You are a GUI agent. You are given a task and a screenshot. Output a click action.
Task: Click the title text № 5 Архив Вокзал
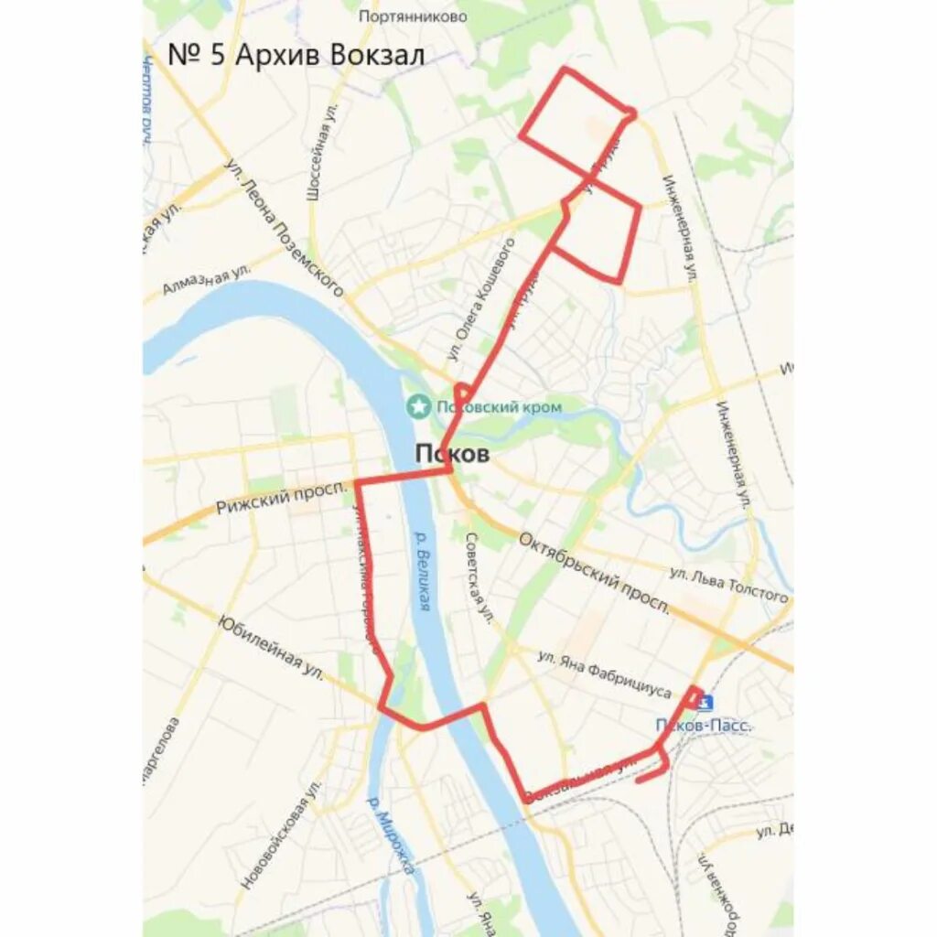pyautogui.click(x=296, y=54)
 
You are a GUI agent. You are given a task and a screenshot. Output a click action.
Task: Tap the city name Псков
pyautogui.click(x=452, y=454)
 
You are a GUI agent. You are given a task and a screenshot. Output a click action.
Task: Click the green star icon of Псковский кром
pyautogui.click(x=419, y=404)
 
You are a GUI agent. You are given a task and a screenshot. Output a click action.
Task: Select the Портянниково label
pyautogui.click(x=413, y=16)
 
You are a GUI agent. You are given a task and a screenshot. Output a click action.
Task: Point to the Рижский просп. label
pyautogui.click(x=282, y=500)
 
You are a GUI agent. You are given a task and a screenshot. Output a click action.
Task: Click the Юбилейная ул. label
pyautogui.click(x=271, y=647)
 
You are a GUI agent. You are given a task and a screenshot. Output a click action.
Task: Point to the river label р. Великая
pyautogui.click(x=422, y=571)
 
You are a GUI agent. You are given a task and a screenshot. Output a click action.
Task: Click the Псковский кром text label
pyautogui.click(x=499, y=406)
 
